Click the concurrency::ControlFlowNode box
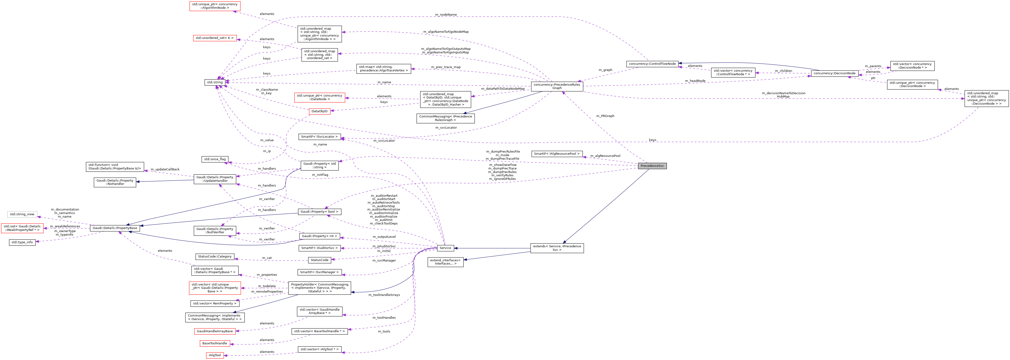[x=652, y=64]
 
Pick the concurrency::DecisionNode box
[x=834, y=73]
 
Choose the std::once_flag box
[x=215, y=159]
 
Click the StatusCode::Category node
[x=215, y=257]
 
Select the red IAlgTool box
[x=215, y=355]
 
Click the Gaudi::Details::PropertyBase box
[x=115, y=228]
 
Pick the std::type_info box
[x=22, y=242]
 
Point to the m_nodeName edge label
[x=446, y=14]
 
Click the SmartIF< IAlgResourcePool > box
[x=557, y=154]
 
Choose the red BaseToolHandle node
[x=215, y=344]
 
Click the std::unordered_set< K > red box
[x=215, y=38]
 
